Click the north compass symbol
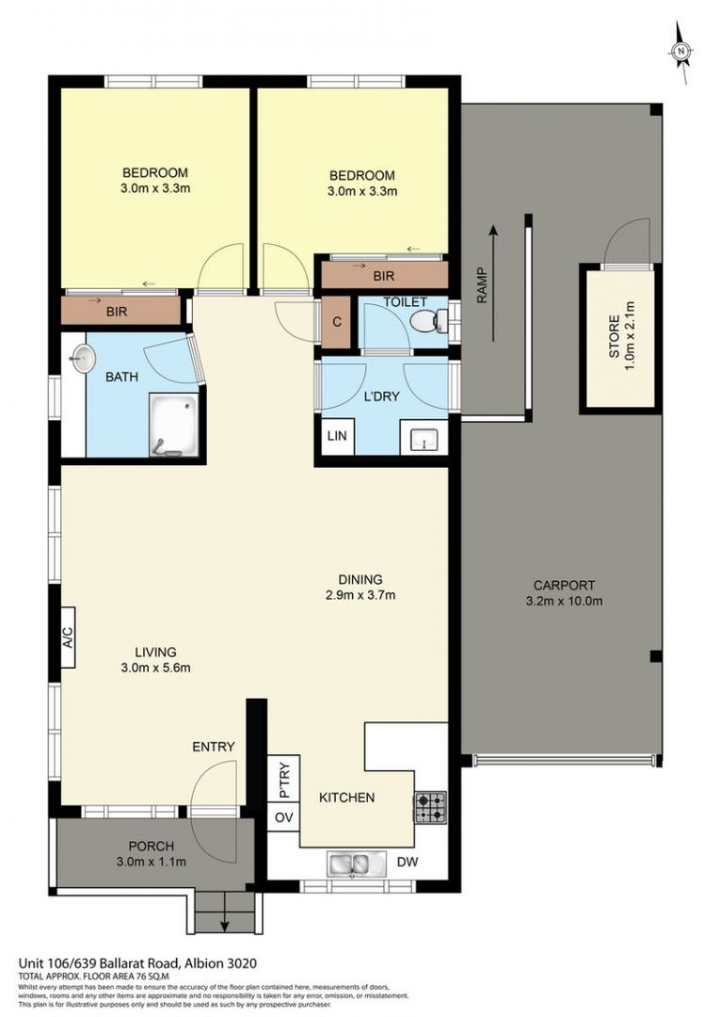point(681,52)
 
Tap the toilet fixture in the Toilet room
point(429,322)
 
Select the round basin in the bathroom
point(84,357)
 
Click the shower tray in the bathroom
point(172,424)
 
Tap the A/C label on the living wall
point(68,643)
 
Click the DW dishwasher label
point(407,862)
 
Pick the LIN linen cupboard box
point(335,436)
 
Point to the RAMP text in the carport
point(482,286)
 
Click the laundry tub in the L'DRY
point(423,439)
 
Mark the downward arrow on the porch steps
point(224,922)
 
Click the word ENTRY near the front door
point(213,747)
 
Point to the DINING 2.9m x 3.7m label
point(361,587)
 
